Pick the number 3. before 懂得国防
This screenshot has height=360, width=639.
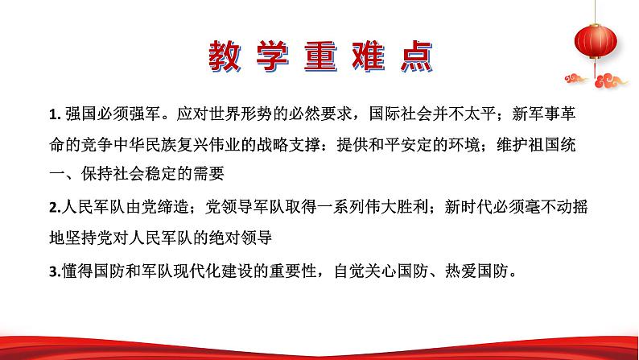53,271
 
